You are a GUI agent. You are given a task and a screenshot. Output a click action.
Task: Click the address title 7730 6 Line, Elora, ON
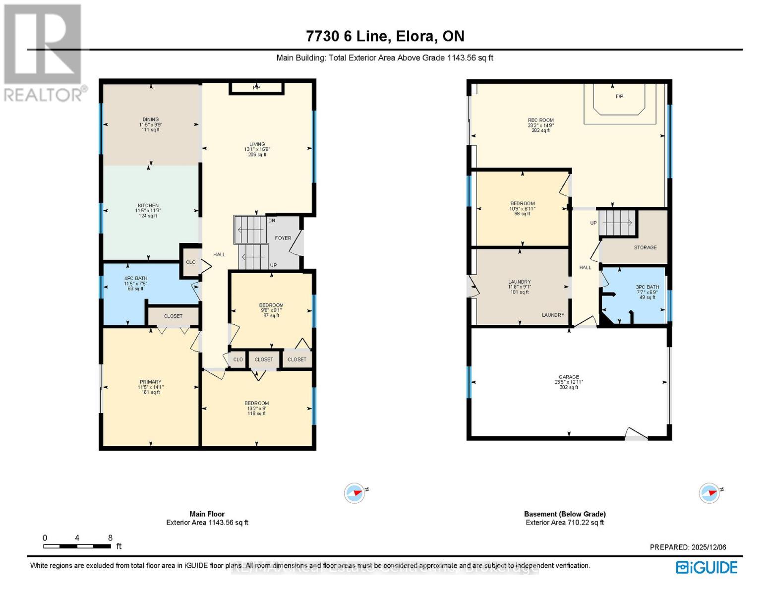pos(385,36)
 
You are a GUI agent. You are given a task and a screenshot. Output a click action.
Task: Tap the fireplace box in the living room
pos(256,88)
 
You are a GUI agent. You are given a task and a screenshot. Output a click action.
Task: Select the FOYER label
pos(283,238)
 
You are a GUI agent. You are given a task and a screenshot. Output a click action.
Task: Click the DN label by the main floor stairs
pos(272,221)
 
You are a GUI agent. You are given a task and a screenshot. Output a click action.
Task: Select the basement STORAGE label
pos(645,247)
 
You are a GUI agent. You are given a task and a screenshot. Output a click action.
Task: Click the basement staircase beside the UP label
pos(617,223)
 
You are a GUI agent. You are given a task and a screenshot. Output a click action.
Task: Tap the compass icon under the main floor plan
pos(355,493)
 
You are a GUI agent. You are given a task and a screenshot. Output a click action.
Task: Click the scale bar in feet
pos(77,546)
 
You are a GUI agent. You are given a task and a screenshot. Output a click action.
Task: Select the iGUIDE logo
pos(707,567)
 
